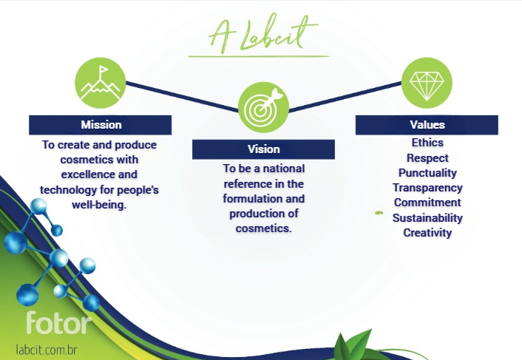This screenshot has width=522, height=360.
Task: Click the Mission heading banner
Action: click(101, 125)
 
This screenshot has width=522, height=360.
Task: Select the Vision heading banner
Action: click(263, 149)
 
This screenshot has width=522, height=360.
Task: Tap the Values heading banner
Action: click(427, 125)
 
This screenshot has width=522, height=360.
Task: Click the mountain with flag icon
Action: click(101, 83)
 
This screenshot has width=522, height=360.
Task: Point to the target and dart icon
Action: click(263, 107)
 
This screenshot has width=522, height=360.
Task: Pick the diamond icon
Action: click(427, 83)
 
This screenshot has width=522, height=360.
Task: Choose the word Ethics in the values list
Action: click(427, 143)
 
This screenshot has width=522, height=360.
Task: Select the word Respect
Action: click(427, 158)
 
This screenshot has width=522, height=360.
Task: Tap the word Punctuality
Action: click(427, 173)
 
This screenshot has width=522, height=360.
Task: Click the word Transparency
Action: click(427, 188)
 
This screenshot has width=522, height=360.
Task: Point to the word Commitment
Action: click(427, 203)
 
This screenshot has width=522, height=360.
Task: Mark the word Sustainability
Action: click(427, 218)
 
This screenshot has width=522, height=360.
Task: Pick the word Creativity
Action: click(427, 233)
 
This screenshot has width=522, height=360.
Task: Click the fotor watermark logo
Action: click(58, 322)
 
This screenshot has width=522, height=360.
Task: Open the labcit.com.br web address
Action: click(47, 350)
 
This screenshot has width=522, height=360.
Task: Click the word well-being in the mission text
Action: click(99, 205)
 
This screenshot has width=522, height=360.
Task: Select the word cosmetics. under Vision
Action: click(264, 228)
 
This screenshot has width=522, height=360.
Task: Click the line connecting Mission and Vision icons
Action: click(182, 97)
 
